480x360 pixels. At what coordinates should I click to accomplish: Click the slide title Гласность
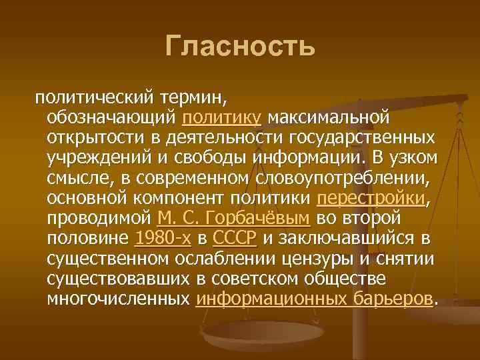[x=239, y=46]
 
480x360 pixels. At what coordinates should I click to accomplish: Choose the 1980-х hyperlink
[x=163, y=238]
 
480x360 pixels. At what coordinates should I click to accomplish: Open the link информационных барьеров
[x=314, y=298]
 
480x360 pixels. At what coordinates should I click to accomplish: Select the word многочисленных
[x=119, y=298]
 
